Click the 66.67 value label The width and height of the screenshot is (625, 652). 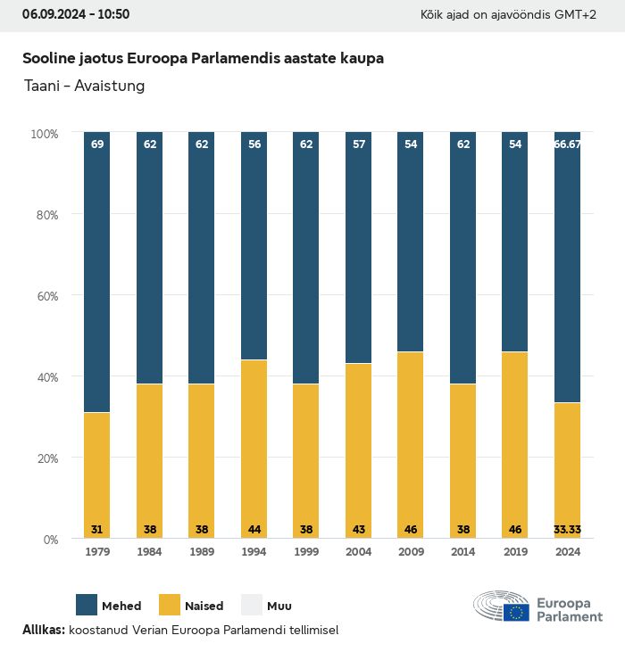point(567,144)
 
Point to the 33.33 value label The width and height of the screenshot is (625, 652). point(567,530)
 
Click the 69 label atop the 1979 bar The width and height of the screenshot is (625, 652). point(97,144)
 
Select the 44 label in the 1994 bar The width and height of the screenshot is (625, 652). point(254,530)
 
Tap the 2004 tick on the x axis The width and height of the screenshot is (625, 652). point(358,552)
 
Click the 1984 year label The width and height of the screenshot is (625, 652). point(149,552)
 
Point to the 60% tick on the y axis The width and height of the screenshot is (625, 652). point(45,295)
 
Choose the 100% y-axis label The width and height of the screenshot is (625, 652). point(44,133)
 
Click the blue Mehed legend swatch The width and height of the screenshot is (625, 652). point(87,605)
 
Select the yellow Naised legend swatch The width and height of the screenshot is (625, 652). point(170,605)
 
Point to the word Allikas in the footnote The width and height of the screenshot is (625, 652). point(43,630)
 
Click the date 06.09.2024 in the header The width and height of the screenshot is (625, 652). point(53,14)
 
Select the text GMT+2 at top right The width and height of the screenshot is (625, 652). point(577,15)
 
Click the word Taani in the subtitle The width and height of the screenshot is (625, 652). point(41,87)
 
